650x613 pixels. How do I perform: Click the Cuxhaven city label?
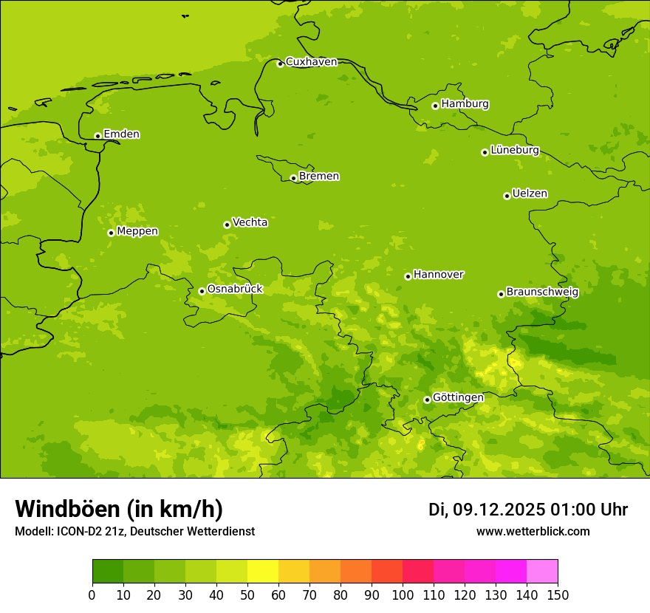click(311, 62)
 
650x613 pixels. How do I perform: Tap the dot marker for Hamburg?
click(436, 106)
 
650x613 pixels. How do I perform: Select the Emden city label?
click(121, 134)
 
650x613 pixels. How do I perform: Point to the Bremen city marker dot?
click(293, 178)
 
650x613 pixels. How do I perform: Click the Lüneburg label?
click(514, 150)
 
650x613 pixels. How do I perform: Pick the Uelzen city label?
click(530, 194)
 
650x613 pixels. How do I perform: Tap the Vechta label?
click(250, 222)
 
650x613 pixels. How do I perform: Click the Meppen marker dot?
click(111, 233)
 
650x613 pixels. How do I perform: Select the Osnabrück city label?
click(235, 290)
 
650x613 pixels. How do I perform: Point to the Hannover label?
click(438, 275)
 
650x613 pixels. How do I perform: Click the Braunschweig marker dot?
click(501, 294)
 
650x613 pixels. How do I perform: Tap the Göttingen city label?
click(458, 398)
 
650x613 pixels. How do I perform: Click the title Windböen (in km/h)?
click(118, 509)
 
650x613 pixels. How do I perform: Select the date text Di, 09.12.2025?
click(486, 510)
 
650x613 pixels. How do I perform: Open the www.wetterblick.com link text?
click(533, 532)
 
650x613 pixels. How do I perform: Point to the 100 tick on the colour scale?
click(403, 595)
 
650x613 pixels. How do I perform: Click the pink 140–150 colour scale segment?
click(542, 572)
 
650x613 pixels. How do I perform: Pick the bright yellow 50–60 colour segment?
click(263, 572)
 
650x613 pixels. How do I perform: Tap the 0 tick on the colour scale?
click(92, 595)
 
